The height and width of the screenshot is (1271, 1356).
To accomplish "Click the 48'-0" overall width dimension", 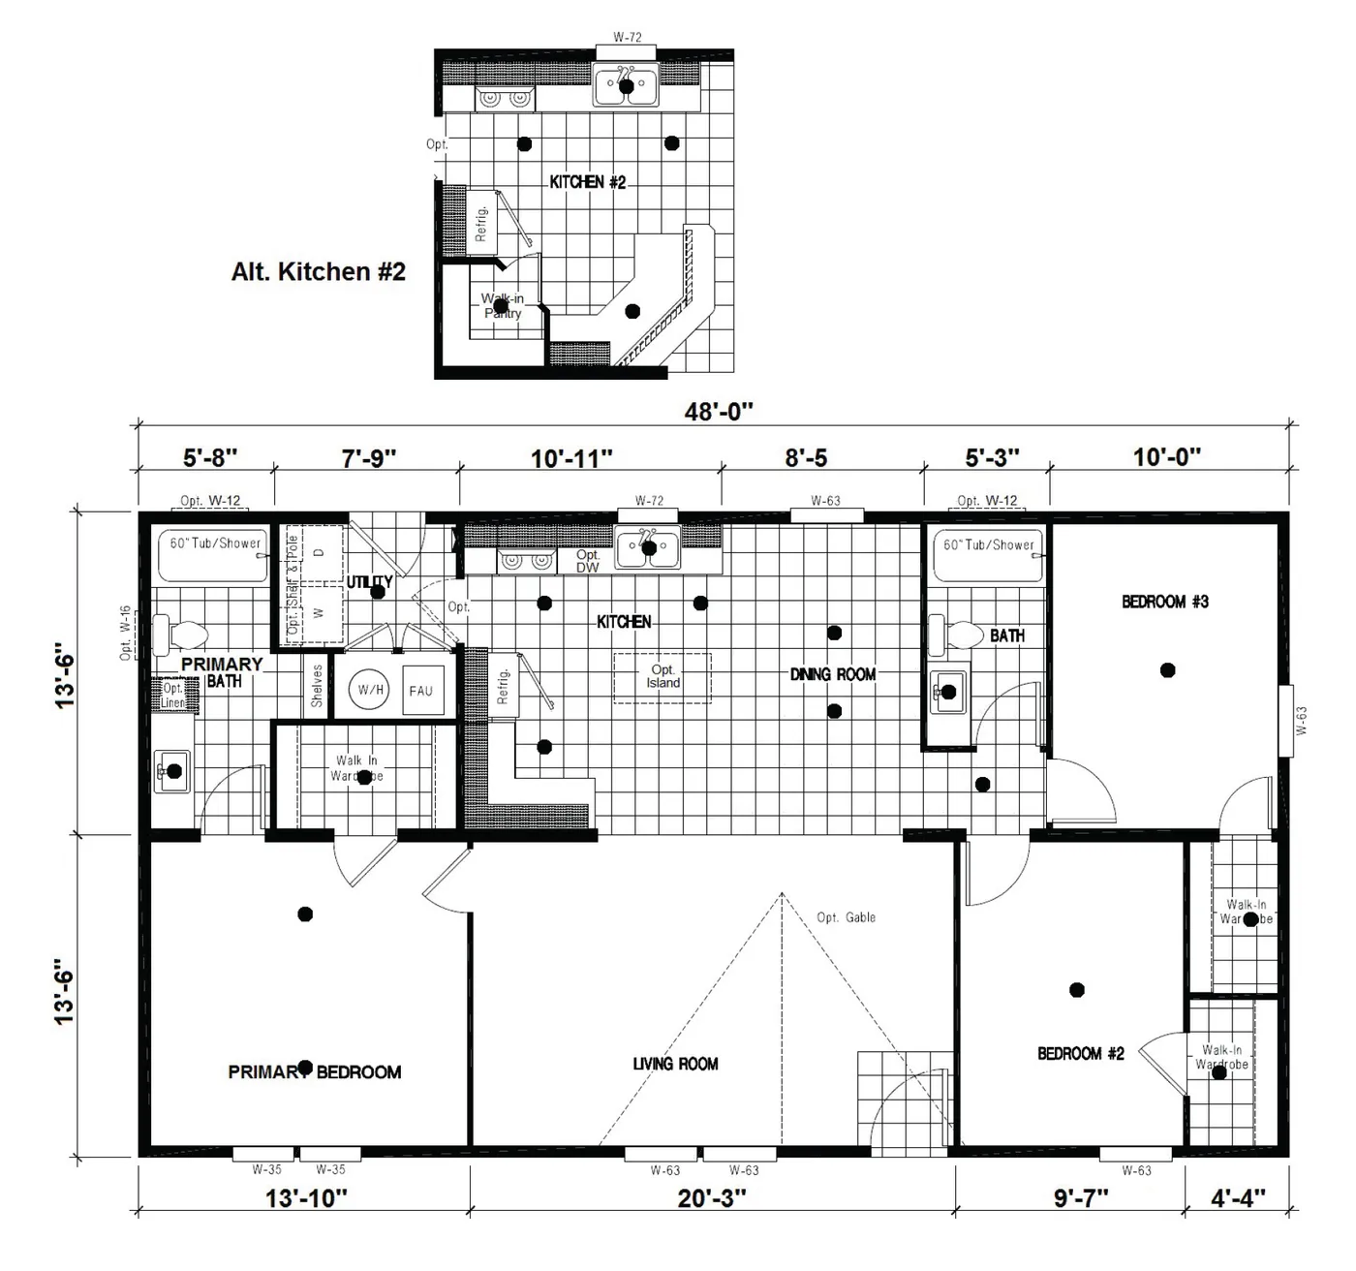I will pos(718,412).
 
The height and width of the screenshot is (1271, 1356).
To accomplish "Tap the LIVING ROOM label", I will pos(675,1064).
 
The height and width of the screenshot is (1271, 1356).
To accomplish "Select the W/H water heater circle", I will pos(371,691).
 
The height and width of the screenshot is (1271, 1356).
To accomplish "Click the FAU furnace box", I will pos(420,691).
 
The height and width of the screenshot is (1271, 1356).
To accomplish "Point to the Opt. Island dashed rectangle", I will pos(663,676).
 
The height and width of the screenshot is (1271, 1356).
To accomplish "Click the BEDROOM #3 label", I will pos(1165,602).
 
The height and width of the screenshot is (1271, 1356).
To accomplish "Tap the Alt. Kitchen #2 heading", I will pos(318,272).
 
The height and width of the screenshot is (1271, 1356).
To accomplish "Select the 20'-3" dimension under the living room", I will pos(712,1198).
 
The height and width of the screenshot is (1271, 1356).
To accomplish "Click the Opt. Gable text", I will pos(846,917).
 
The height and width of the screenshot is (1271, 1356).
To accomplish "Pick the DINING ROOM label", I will pos(832,674).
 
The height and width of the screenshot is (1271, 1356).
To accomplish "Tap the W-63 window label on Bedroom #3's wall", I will pos(1302,721).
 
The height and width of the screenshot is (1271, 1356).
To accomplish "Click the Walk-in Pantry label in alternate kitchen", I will pos(503,306).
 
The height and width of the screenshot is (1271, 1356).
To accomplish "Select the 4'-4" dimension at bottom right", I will pos(1238,1198).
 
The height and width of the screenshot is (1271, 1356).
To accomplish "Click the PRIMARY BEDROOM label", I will pos(315,1072).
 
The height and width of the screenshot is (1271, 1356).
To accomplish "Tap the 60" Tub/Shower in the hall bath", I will pos(988,555).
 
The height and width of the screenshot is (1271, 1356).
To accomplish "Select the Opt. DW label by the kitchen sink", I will pos(588,561).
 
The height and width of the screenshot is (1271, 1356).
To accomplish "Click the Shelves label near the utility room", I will pos(317,685).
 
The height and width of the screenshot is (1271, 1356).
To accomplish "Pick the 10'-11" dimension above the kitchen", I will pos(571,457).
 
